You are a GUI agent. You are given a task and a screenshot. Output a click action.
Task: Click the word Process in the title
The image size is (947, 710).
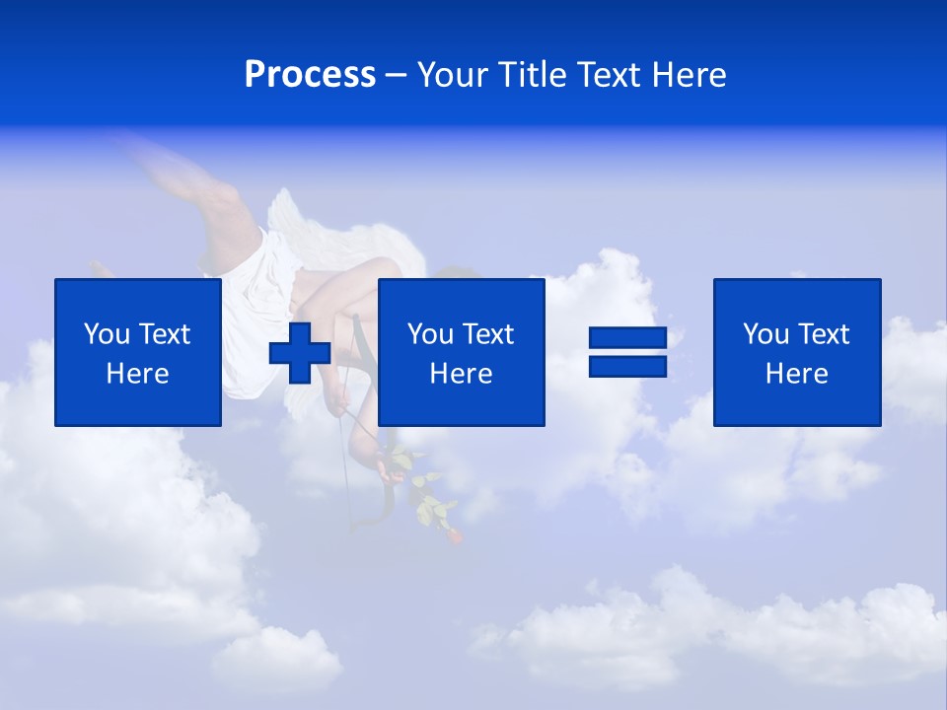tap(310, 75)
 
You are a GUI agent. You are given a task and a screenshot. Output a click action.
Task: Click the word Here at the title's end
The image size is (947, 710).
tap(690, 75)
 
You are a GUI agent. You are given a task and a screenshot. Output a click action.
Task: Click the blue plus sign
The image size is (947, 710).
tap(300, 352)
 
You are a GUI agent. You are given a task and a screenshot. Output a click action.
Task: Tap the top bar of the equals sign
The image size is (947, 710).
tap(628, 338)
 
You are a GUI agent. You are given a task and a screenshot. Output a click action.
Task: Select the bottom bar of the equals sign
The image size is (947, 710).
tap(628, 366)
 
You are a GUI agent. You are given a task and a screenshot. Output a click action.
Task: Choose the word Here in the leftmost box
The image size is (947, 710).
tap(138, 374)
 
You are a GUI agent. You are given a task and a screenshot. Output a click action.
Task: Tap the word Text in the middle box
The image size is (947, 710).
tap(487, 334)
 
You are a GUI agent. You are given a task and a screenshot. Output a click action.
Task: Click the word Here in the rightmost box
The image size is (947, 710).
tap(797, 374)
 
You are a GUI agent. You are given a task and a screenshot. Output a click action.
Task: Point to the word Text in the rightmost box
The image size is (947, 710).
tap(823, 334)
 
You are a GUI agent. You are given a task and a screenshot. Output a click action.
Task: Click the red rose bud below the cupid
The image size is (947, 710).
tap(453, 536)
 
